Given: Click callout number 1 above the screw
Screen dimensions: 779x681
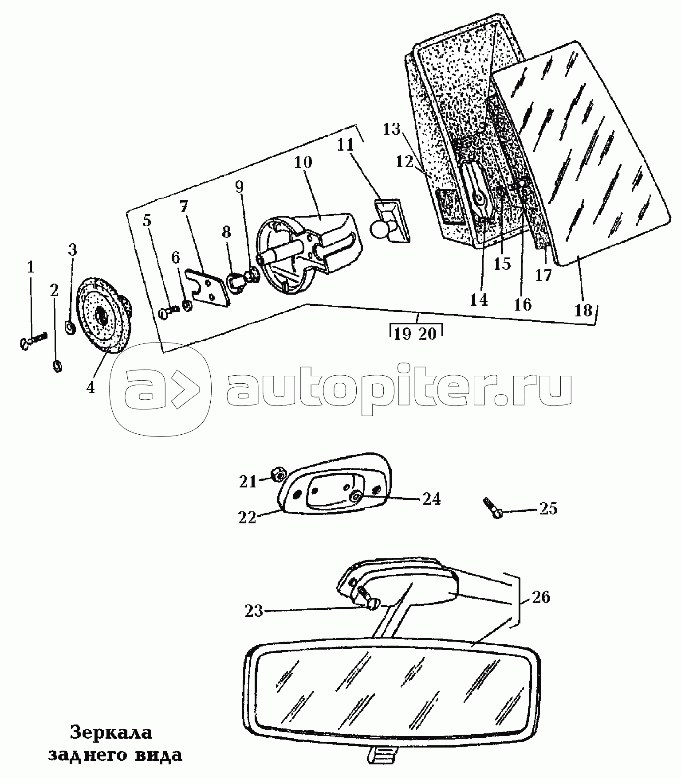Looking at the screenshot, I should point(30,268).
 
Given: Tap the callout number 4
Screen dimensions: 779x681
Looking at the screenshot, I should point(91,388).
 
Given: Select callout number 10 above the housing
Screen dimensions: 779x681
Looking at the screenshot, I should point(303,163).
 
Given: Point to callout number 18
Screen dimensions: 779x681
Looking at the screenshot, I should point(583,310).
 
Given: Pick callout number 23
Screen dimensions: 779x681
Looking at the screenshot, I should point(253,612).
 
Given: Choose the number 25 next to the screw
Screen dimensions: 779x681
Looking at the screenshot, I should point(548,508).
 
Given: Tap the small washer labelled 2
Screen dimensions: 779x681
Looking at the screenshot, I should point(57,366).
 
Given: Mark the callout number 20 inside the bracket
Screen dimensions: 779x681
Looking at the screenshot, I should point(428,333).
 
